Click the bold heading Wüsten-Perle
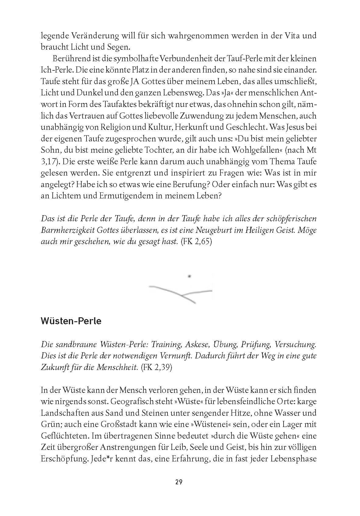[x=71, y=321]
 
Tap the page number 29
[x=179, y=482]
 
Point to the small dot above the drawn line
[x=189, y=276]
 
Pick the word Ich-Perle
[x=56, y=70]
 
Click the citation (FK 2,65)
[x=196, y=242]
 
